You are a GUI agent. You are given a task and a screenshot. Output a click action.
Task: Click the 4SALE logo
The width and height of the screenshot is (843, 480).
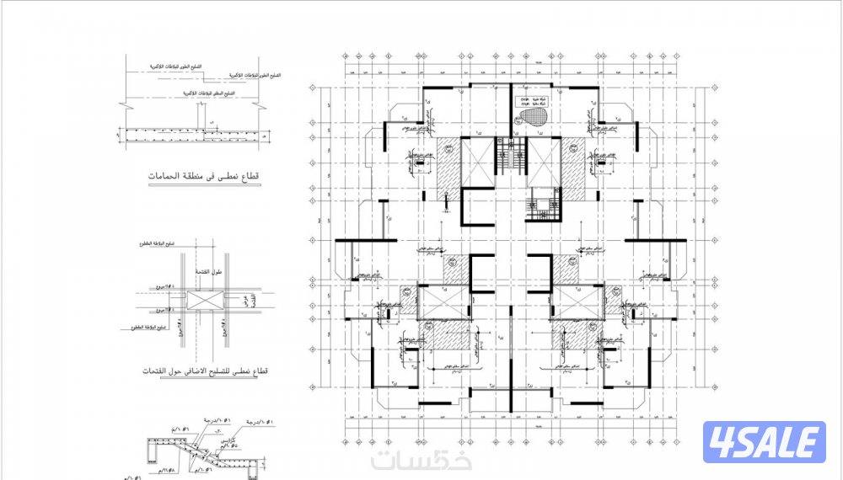click(x=764, y=443)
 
